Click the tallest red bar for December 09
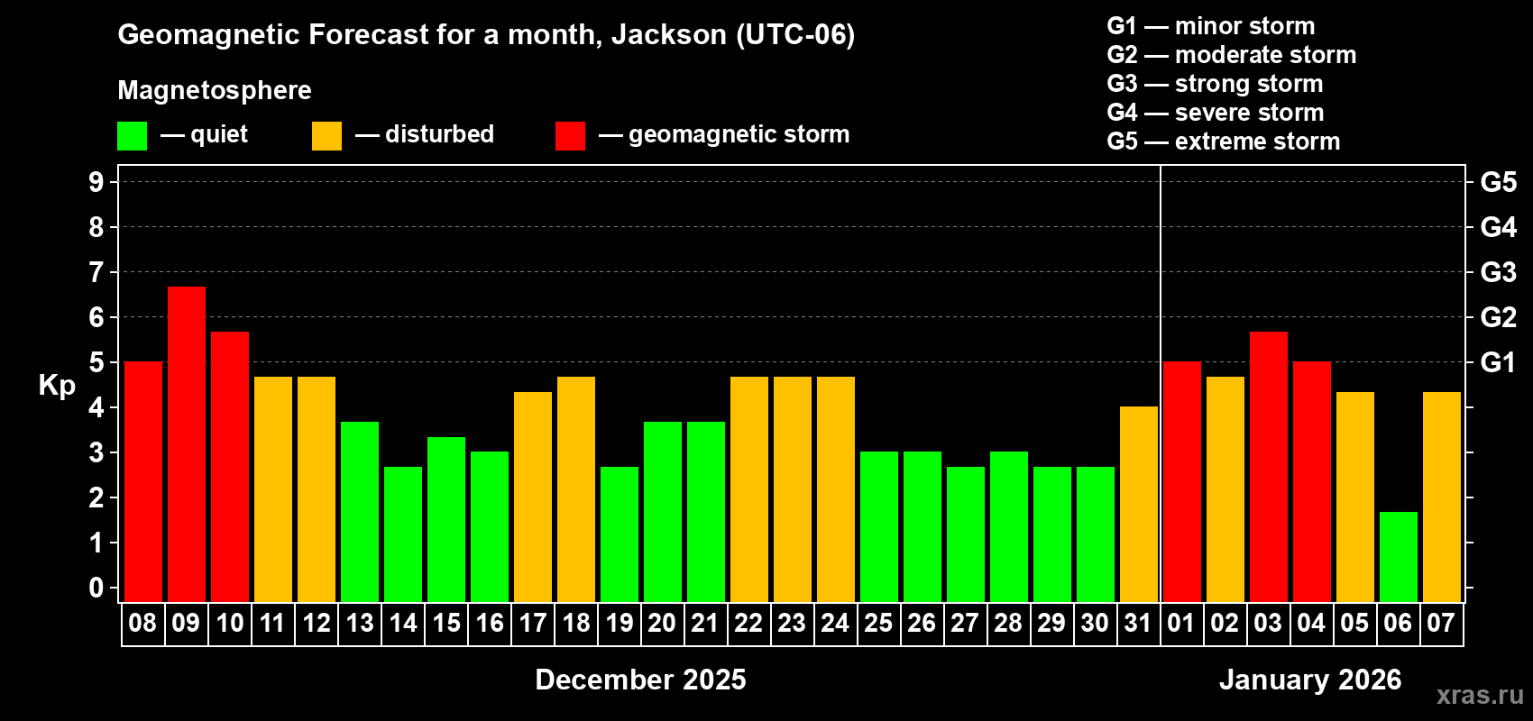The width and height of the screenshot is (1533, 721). coord(187,443)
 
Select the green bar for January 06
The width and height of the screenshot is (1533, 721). coord(1398,556)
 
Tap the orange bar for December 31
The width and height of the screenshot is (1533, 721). coord(1138,504)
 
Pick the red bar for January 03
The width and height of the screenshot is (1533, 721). coord(1268,466)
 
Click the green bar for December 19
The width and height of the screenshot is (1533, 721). coord(620,534)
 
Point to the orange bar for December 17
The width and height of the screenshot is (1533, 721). coord(533,497)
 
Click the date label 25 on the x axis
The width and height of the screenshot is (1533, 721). coord(878,623)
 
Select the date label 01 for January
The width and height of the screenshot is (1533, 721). coord(1181,623)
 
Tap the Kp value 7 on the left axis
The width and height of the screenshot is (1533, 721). coord(96,272)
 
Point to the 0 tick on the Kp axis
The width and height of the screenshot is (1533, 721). coord(96,589)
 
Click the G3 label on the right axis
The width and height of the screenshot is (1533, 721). coord(1498,272)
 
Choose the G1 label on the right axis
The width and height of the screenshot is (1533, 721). coord(1498,362)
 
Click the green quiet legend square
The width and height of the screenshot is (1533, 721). coord(133,136)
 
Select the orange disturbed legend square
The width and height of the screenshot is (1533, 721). coord(326,136)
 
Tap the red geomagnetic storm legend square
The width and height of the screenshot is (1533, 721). coord(570,136)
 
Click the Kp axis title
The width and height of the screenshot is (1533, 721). coord(57,386)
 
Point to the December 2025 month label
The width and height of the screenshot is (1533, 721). coord(640,680)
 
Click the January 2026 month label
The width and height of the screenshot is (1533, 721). coord(1310,680)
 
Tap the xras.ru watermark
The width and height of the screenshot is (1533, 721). coord(1480,695)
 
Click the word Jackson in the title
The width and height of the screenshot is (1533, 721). coord(668,35)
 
